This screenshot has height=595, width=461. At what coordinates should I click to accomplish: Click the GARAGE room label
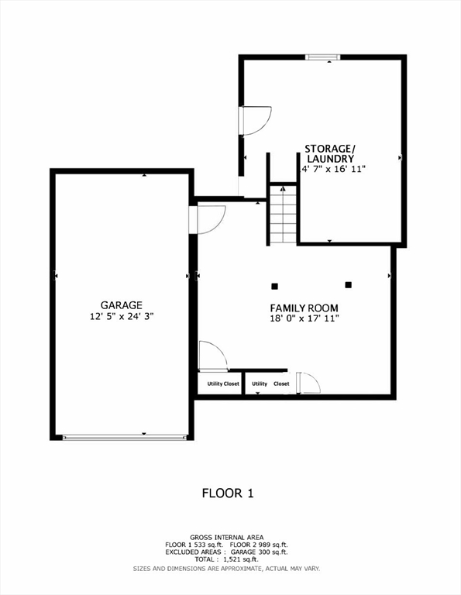tap(121, 305)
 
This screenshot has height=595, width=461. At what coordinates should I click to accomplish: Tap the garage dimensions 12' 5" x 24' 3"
tap(121, 316)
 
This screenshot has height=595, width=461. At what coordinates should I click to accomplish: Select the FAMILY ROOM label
tap(304, 308)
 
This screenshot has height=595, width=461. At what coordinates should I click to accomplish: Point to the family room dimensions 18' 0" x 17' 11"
tap(304, 318)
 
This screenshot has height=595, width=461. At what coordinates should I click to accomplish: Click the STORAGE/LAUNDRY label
tap(329, 153)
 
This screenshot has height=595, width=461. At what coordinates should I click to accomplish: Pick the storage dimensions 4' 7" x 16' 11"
tap(332, 168)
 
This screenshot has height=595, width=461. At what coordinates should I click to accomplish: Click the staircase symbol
tap(284, 214)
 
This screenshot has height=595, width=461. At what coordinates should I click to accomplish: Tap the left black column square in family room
tap(275, 284)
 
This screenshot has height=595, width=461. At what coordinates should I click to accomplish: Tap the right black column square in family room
tap(348, 284)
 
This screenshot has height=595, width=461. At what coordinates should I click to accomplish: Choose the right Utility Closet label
tap(270, 383)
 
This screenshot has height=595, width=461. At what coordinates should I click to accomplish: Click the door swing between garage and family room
tap(209, 218)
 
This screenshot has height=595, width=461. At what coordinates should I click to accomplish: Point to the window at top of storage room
tap(322, 56)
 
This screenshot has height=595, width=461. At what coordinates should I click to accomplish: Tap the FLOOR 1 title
tap(228, 493)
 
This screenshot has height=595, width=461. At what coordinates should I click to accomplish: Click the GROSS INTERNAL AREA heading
tap(226, 537)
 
